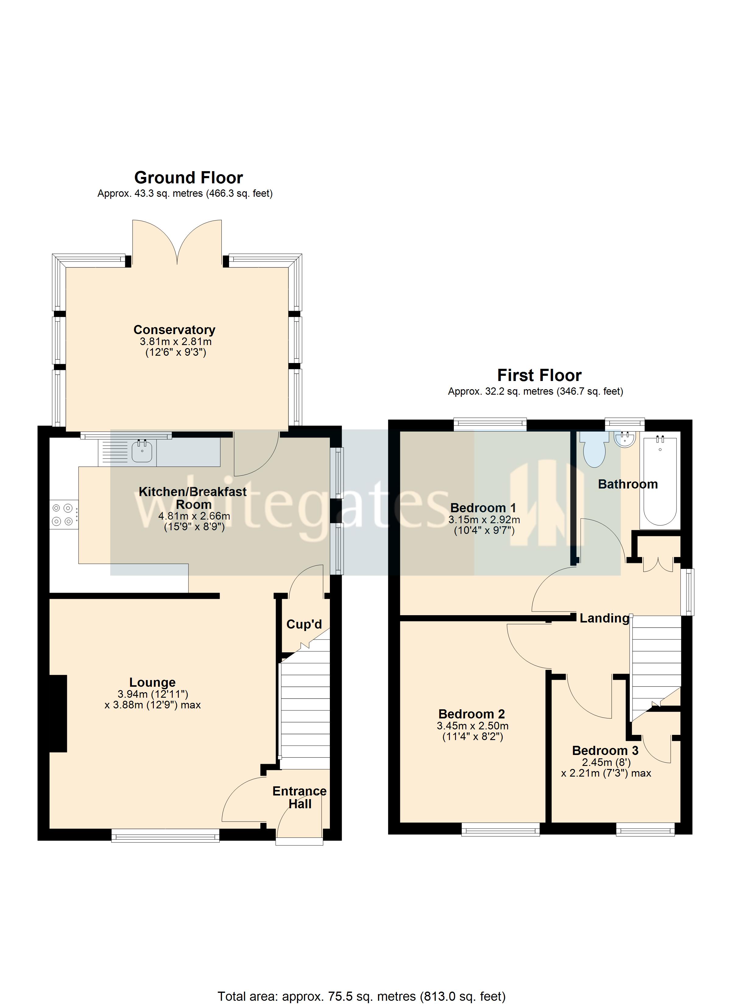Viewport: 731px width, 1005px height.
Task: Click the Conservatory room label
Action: pos(174,330)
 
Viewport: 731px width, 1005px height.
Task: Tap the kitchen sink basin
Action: pos(142,452)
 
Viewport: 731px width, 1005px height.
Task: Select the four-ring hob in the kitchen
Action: pos(62,514)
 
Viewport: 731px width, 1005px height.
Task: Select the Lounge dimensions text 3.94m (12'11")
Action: pos(153,694)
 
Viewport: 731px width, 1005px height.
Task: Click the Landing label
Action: pos(604,618)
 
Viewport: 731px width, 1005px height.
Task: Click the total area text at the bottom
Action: pos(361,996)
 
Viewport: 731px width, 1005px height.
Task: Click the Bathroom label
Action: pos(628,484)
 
